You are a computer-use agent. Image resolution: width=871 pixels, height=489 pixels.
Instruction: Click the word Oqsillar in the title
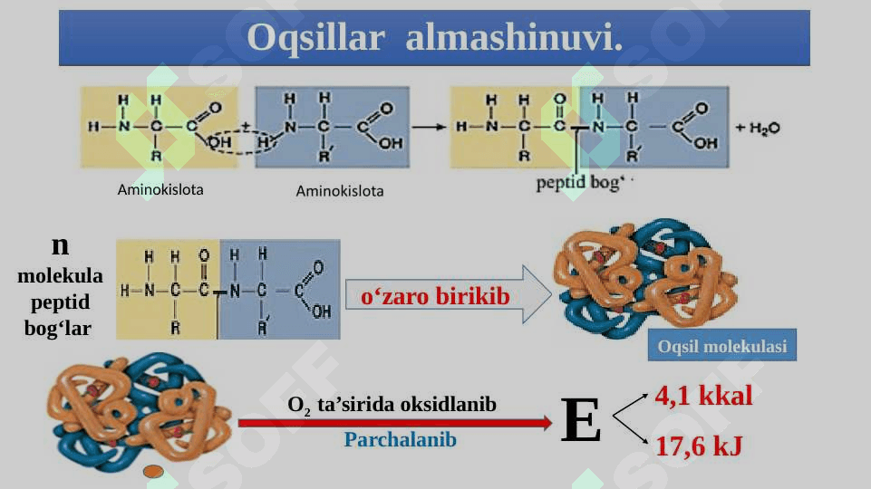pyautogui.click(x=315, y=38)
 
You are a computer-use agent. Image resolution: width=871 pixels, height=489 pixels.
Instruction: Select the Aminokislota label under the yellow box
pyautogui.click(x=160, y=190)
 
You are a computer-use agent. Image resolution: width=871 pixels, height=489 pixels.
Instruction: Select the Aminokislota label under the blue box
pyautogui.click(x=339, y=191)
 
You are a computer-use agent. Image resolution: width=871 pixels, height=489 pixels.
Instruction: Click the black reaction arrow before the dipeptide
pyautogui.click(x=429, y=127)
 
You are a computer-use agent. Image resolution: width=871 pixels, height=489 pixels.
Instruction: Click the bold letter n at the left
pyautogui.click(x=60, y=245)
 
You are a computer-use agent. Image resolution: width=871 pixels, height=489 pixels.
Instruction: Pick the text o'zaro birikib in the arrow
pyautogui.click(x=435, y=296)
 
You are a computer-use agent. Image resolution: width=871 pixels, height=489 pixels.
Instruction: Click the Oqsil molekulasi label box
pyautogui.click(x=722, y=345)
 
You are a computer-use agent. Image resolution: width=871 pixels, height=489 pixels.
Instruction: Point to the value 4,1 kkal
pyautogui.click(x=704, y=396)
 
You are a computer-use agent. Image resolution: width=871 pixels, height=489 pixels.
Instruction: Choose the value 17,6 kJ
pyautogui.click(x=699, y=446)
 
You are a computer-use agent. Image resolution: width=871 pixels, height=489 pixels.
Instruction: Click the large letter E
pyautogui.click(x=580, y=419)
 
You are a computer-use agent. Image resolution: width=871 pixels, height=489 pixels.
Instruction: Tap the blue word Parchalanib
pyautogui.click(x=400, y=439)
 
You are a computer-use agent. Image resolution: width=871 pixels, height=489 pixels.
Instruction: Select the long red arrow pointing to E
pyautogui.click(x=395, y=423)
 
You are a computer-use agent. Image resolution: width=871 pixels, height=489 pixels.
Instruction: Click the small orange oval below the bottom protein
pyautogui.click(x=153, y=472)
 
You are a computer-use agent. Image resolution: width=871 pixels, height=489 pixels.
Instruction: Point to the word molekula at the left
pyautogui.click(x=60, y=275)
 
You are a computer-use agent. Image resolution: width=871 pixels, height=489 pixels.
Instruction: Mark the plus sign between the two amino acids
pyautogui.click(x=245, y=127)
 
